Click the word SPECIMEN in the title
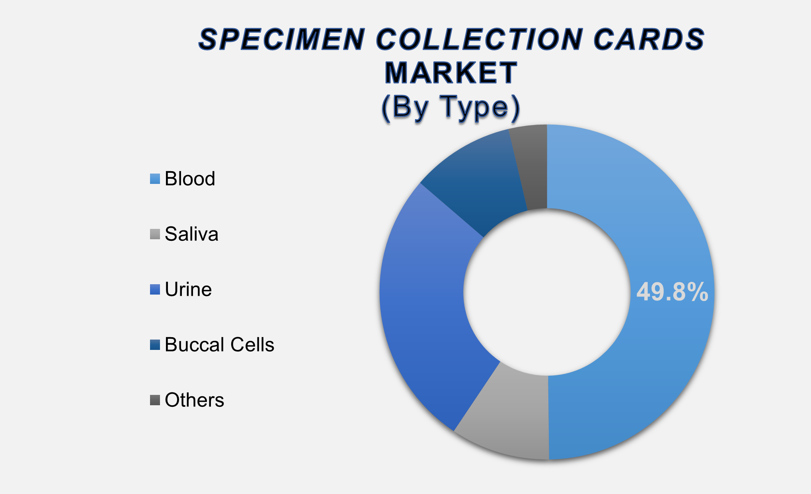pyautogui.click(x=281, y=39)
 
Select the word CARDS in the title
pyautogui.click(x=649, y=39)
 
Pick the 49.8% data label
pyautogui.click(x=672, y=292)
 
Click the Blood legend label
pyautogui.click(x=190, y=179)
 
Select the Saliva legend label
pyautogui.click(x=191, y=234)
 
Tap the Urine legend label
pyautogui.click(x=188, y=289)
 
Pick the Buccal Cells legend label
pyautogui.click(x=219, y=345)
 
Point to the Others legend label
pyautogui.click(x=194, y=400)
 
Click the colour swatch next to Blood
pyautogui.click(x=155, y=179)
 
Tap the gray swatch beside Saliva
pyautogui.click(x=155, y=234)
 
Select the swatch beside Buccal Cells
pyautogui.click(x=155, y=345)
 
